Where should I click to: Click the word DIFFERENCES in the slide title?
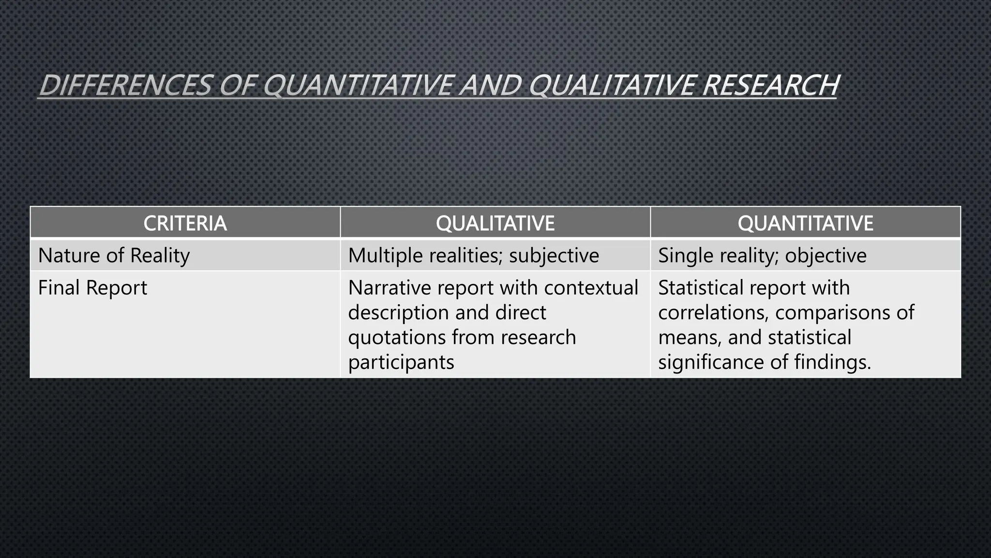[125, 85]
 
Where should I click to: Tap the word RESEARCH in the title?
[770, 85]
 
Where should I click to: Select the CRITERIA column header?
[185, 223]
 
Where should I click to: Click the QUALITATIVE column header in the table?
[495, 223]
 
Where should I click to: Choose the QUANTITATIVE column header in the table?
[805, 223]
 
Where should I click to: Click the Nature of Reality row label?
[114, 256]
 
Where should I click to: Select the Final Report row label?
[92, 288]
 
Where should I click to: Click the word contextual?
[591, 288]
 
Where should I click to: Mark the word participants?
[401, 362]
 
